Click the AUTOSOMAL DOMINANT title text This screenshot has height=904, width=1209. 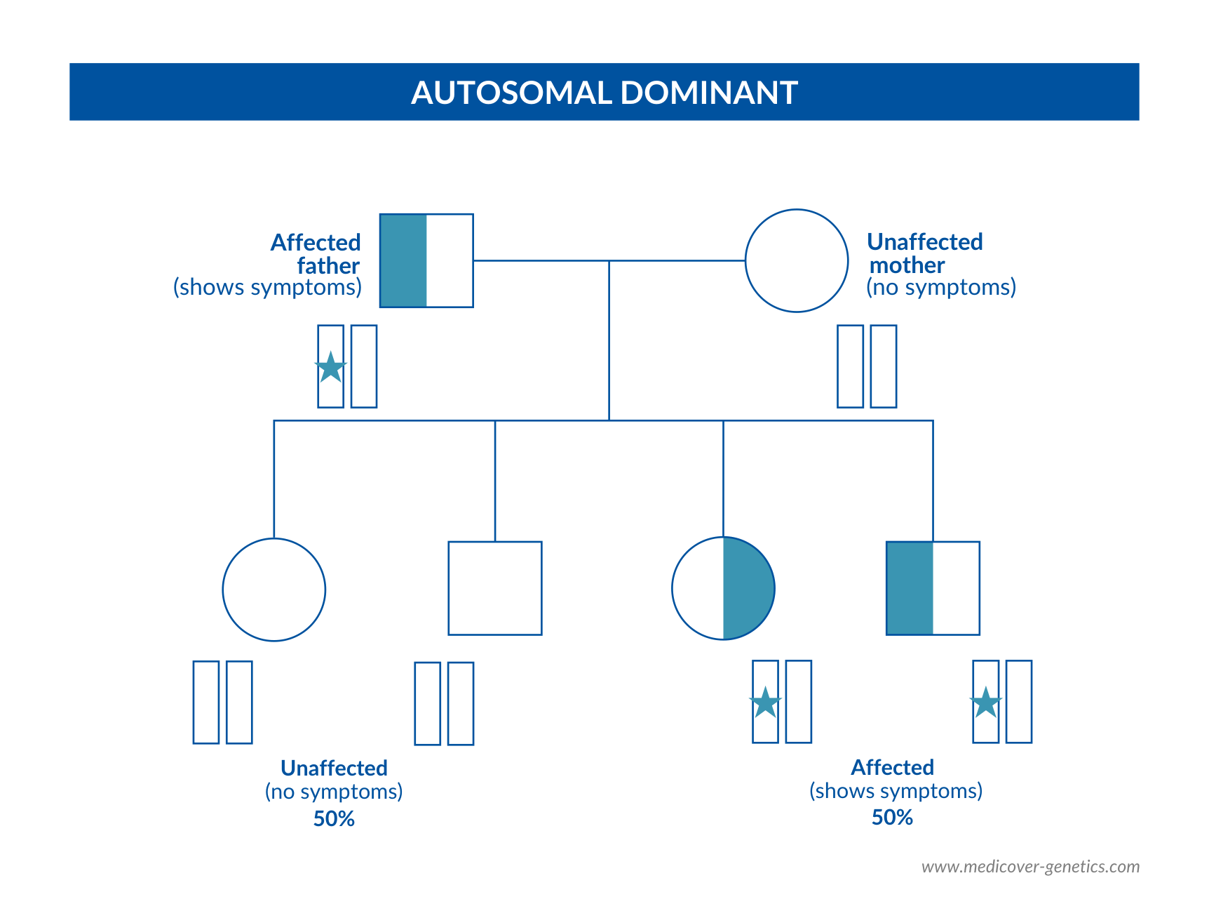[x=604, y=93]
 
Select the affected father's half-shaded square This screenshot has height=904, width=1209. [x=426, y=260]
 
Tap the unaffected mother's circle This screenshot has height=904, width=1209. [x=797, y=260]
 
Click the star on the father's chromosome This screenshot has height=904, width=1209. [x=331, y=367]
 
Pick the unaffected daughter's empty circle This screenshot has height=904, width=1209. [x=274, y=590]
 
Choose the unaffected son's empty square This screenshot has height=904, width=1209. [x=495, y=588]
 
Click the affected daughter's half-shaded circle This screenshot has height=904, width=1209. [x=724, y=588]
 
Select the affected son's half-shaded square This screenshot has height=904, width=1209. [x=933, y=588]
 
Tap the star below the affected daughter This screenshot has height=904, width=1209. [x=766, y=703]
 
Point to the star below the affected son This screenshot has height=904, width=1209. [x=986, y=703]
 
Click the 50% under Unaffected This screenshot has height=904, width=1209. [x=334, y=819]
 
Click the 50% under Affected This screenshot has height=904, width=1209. [x=892, y=818]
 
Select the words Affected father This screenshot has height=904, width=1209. [x=316, y=254]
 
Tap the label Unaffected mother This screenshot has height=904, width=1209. [x=925, y=253]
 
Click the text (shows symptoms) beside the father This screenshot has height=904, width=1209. [x=268, y=287]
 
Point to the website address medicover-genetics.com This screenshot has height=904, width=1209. [x=1031, y=867]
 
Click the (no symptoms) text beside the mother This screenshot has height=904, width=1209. [x=941, y=287]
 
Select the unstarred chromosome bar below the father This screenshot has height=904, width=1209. [x=364, y=366]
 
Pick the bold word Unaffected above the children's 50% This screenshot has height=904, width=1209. [x=334, y=768]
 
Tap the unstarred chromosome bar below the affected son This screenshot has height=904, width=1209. [x=1019, y=702]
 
